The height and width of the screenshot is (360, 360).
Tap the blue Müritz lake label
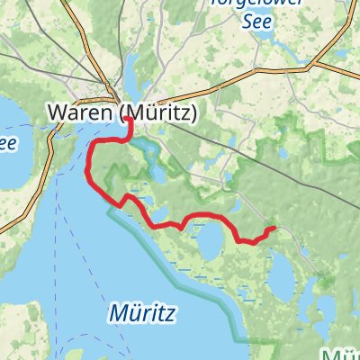[144, 312]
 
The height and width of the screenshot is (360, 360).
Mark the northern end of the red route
[130, 120]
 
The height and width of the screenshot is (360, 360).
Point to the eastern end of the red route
[273, 229]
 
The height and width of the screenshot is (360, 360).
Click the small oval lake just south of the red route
[212, 240]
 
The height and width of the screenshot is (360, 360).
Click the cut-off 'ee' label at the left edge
[7, 143]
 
